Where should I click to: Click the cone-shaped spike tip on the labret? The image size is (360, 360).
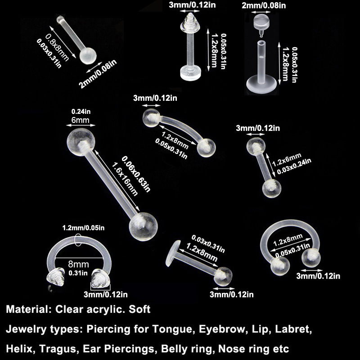pyautogui.click(x=190, y=22)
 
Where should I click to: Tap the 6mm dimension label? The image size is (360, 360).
pyautogui.click(x=81, y=120)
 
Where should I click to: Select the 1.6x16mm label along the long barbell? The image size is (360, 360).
pyautogui.click(x=125, y=179)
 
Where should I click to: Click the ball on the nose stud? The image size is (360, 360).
pyautogui.click(x=88, y=55)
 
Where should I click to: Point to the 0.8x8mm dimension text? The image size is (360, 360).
pyautogui.click(x=57, y=48)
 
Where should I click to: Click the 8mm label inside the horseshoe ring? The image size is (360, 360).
pyautogui.click(x=78, y=264)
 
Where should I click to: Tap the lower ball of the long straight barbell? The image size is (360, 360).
pyautogui.click(x=143, y=227)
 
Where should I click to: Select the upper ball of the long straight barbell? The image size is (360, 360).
pyautogui.click(x=81, y=142)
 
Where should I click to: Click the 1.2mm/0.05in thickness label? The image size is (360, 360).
pyautogui.click(x=83, y=228)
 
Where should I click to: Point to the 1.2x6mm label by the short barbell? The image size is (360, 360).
pyautogui.click(x=287, y=159)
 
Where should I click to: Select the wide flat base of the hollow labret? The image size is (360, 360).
pyautogui.click(x=261, y=85)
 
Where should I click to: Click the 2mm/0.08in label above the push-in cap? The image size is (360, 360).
pyautogui.click(x=264, y=5)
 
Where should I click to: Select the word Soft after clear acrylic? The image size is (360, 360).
pyautogui.click(x=139, y=309)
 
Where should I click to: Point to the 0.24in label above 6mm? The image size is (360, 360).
pyautogui.click(x=81, y=112)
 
